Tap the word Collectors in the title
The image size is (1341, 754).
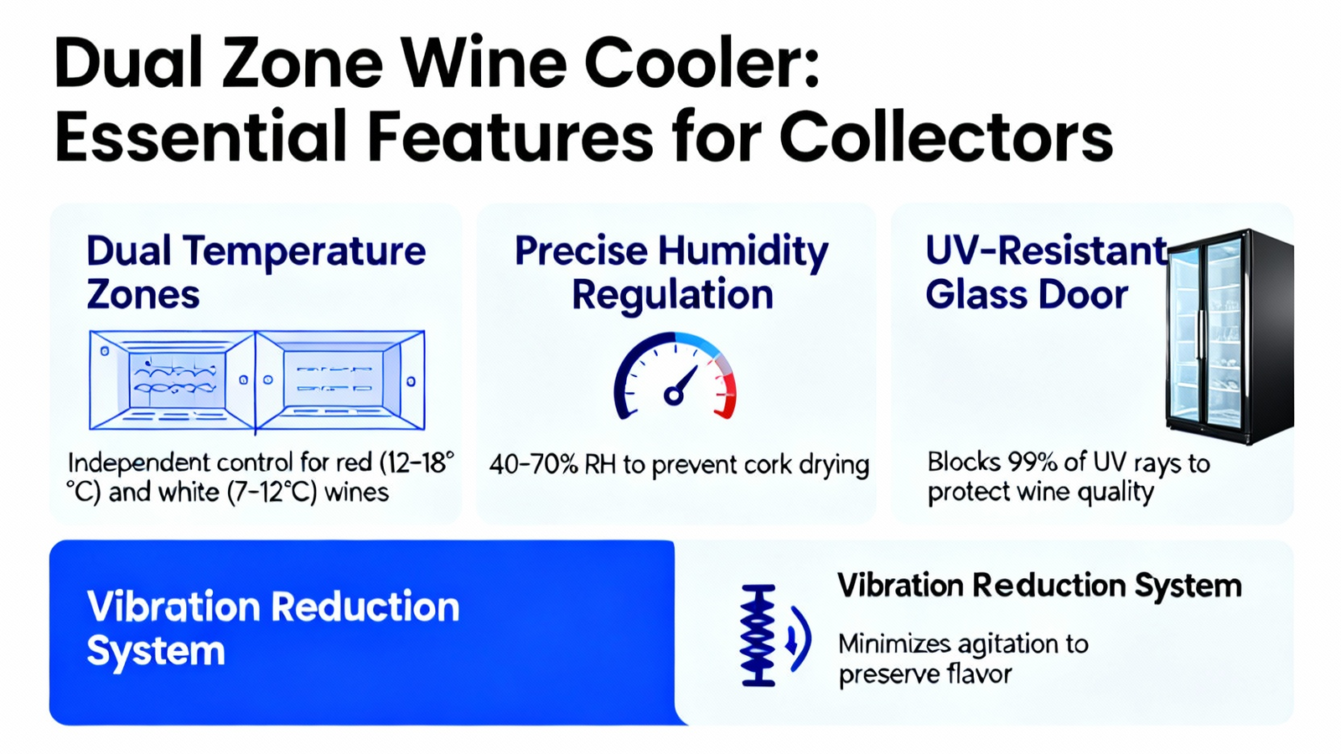[x=946, y=137]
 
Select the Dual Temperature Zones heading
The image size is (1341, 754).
[x=256, y=272]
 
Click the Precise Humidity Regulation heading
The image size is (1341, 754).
[x=671, y=272]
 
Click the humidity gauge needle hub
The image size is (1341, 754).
[x=674, y=395]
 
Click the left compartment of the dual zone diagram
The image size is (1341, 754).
[x=173, y=380]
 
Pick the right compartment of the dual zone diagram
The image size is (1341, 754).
[x=340, y=380]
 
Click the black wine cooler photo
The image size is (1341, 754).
[x=1230, y=336]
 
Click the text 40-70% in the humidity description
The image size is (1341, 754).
[x=534, y=464]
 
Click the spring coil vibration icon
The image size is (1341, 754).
[x=758, y=635]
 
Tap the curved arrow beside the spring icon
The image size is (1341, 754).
[x=799, y=638]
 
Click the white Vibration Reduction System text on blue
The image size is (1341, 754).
[x=273, y=627]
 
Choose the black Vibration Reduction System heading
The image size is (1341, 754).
[x=1039, y=586]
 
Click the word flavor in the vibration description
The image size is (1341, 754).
[x=980, y=674]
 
